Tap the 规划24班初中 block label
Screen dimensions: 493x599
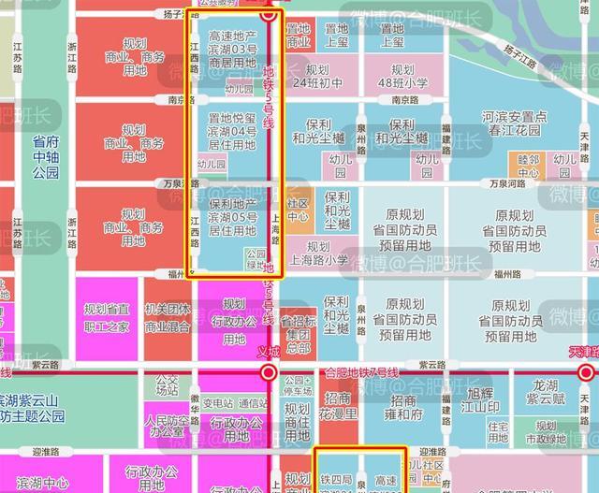point(312,76)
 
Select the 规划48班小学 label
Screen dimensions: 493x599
point(403,76)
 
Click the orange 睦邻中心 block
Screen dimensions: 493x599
point(529,166)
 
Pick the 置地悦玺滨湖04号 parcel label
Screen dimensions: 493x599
point(231,131)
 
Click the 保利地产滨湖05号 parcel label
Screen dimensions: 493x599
point(231,217)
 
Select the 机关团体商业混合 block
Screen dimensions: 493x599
point(168,318)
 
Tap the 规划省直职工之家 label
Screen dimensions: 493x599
point(107,318)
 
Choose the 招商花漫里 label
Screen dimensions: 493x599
point(337,406)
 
